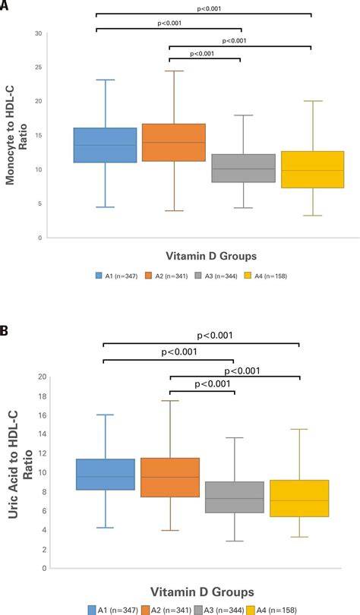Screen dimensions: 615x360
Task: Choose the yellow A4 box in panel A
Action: click(x=312, y=169)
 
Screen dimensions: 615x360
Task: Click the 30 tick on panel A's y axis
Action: click(x=38, y=33)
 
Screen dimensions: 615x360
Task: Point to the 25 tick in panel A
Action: click(x=38, y=68)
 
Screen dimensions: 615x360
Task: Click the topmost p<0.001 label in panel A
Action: click(x=204, y=9)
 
